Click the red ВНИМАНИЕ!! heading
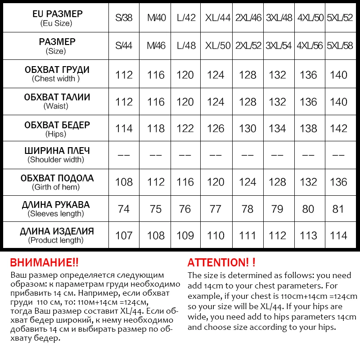coord(44,263)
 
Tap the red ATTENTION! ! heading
coord(221,263)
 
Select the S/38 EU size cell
coord(124,18)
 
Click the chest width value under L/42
coord(185,75)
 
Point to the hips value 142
coord(338,129)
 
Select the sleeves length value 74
coord(124,209)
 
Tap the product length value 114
coord(338,235)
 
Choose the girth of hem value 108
coord(124,182)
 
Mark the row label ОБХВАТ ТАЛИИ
coord(57,97)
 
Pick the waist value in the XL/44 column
coord(216,102)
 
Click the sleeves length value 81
coord(338,209)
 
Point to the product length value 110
coord(216,235)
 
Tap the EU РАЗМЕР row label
coord(58,14)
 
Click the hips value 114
coord(124,129)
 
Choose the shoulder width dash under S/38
coord(124,155)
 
